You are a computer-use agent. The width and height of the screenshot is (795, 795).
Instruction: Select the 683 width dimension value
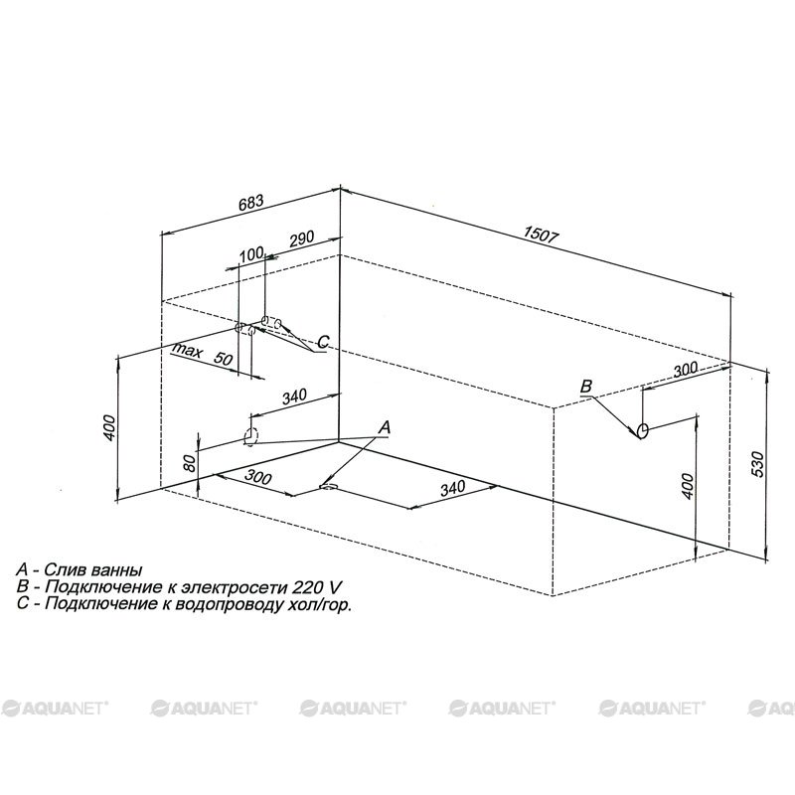coord(251,203)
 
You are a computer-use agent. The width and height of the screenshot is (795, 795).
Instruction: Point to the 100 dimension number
coord(251,253)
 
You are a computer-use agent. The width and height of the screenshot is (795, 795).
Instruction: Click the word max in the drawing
coord(187,350)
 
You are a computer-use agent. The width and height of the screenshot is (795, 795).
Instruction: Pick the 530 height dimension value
coord(756,463)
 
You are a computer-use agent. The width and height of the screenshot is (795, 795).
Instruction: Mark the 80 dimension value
coord(189,462)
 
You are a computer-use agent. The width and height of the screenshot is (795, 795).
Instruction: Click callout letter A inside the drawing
coord(385,427)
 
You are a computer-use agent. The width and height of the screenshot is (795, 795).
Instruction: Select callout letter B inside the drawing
coord(585,387)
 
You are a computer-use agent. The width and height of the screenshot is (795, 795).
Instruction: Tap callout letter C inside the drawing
coord(322,342)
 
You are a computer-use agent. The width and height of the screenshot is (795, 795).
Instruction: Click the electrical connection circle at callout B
coord(642,430)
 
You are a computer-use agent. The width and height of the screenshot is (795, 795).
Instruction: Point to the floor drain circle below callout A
coord(328,488)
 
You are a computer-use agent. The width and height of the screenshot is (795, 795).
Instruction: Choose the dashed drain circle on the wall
coord(251,436)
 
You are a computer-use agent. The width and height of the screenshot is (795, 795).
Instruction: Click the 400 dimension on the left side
coord(110,427)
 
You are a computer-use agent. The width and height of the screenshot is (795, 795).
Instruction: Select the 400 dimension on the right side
coord(687,486)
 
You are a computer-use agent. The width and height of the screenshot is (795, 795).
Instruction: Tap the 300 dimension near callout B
coord(686,369)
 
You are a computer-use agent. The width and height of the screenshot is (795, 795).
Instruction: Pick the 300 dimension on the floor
coord(258,477)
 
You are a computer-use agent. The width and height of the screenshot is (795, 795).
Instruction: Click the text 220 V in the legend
coord(317,587)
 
